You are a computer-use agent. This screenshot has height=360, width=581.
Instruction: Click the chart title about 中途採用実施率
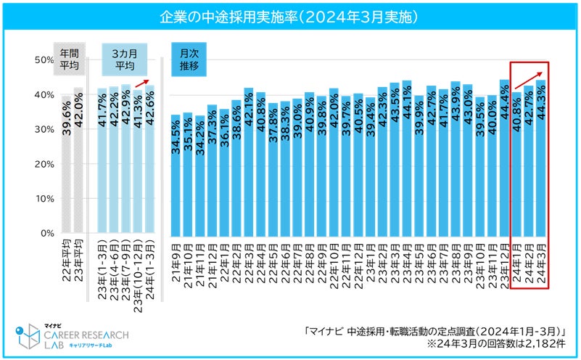click(x=290, y=15)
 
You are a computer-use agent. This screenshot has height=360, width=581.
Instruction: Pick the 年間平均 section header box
click(x=70, y=59)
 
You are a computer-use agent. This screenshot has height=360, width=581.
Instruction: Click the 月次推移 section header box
click(x=189, y=59)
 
